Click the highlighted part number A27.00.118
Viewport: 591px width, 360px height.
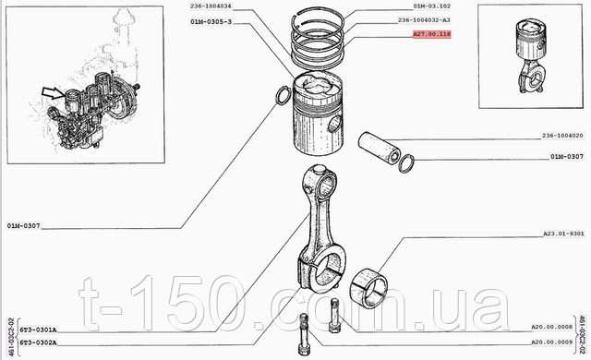pyautogui.click(x=431, y=34)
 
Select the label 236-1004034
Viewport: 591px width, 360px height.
pyautogui.click(x=211, y=6)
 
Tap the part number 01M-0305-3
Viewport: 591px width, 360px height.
pyautogui.click(x=211, y=22)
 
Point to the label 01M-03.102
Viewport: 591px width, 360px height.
pyautogui.click(x=431, y=6)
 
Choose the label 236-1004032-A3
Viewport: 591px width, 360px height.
pyautogui.click(x=424, y=20)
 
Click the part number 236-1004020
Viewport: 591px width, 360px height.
pyautogui.click(x=562, y=135)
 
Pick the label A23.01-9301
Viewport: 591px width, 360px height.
pyautogui.click(x=563, y=234)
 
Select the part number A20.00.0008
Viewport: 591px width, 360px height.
pyautogui.click(x=552, y=327)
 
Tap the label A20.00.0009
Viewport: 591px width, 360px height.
pyautogui.click(x=552, y=342)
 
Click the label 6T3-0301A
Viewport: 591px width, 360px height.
pyautogui.click(x=38, y=330)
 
